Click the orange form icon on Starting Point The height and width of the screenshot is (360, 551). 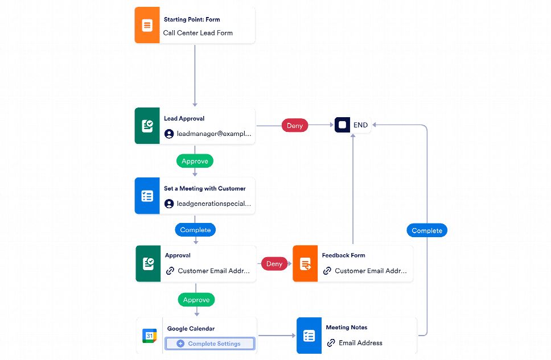pos(147,26)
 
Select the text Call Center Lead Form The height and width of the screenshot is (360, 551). pos(198,33)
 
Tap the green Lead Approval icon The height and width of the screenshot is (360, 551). pos(147,126)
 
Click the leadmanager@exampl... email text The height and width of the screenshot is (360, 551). pos(213,134)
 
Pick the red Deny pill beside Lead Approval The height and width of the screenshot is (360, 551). pos(294,125)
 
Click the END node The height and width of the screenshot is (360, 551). pos(353,125)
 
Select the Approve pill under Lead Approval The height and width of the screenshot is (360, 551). pos(195,161)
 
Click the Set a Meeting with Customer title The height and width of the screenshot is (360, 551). pos(205,188)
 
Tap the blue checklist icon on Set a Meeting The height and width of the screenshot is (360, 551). pos(147,196)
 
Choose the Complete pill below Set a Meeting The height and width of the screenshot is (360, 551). pos(195,230)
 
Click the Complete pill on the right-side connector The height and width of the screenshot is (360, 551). pos(427,230)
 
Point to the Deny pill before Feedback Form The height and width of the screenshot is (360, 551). pos(274,263)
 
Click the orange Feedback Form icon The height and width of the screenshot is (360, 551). pos(305,264)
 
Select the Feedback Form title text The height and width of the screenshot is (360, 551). pos(343,255)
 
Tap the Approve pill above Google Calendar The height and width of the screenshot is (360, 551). pos(196,300)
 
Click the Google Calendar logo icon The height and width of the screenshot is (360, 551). pos(149,336)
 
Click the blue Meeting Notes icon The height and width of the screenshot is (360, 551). pos(309,336)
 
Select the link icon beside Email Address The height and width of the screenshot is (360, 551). pos(331,343)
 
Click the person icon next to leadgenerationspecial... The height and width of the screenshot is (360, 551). pos(169,204)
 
